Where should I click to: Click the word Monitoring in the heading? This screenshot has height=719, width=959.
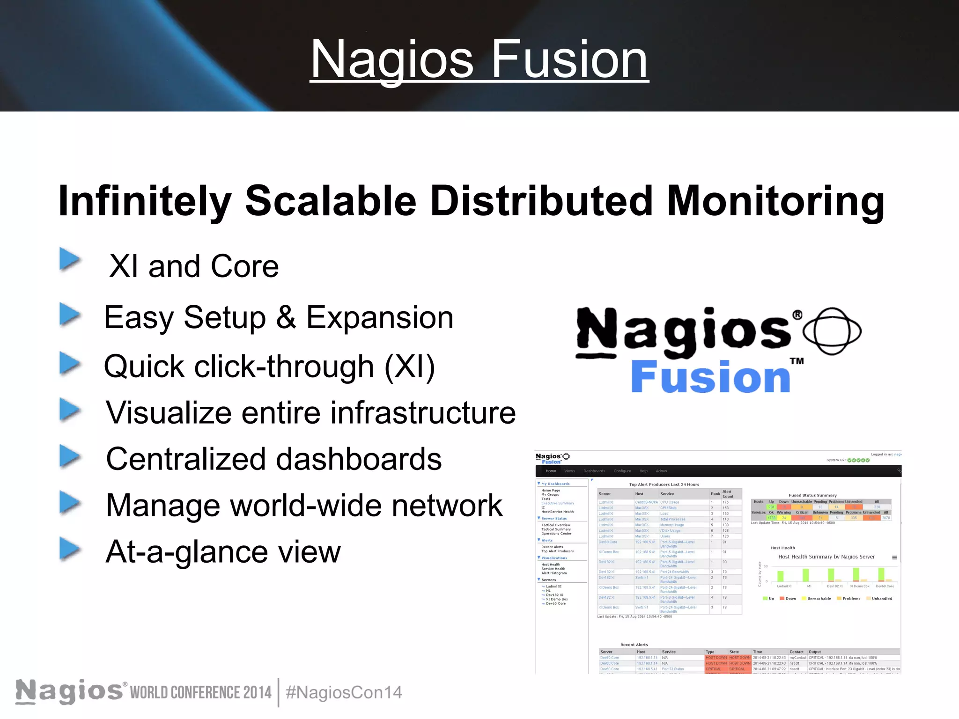(x=775, y=201)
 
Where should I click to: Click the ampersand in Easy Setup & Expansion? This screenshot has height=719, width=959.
(x=286, y=317)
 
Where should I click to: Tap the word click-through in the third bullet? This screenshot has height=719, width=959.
(x=284, y=367)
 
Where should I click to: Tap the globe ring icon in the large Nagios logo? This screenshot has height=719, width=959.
(x=832, y=330)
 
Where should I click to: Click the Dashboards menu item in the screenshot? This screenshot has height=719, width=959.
(x=594, y=471)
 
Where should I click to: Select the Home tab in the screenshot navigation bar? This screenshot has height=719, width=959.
(x=551, y=471)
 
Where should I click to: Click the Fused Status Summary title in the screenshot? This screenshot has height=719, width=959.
(x=812, y=495)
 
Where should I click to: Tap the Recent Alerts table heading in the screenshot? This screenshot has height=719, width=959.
(x=634, y=645)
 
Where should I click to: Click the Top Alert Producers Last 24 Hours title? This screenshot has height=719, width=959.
(x=664, y=484)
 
